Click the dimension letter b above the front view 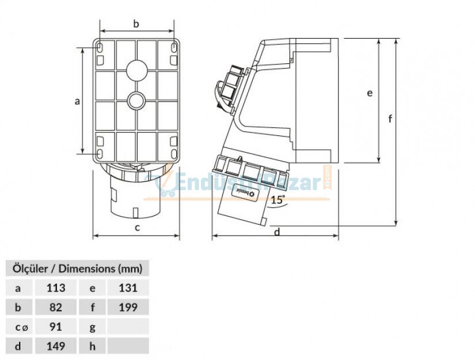click(136, 24)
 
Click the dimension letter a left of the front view click(77, 101)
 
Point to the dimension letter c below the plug click(137, 228)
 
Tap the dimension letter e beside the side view click(370, 92)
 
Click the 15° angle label click(278, 200)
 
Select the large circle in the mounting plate click(137, 69)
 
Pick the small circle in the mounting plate click(137, 101)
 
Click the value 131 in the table click(127, 287)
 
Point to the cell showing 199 click(127, 307)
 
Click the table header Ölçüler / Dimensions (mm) click(77, 268)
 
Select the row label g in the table click(93, 327)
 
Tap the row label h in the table click(93, 346)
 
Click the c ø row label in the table click(21, 327)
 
